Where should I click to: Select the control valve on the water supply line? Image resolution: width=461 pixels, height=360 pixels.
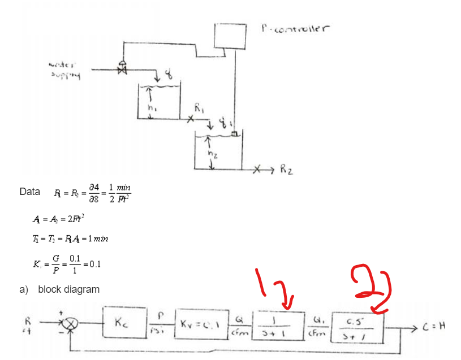121,68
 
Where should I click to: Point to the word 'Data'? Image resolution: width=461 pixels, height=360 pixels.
29,192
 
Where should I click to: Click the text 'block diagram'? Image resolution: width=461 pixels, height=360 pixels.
68,289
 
